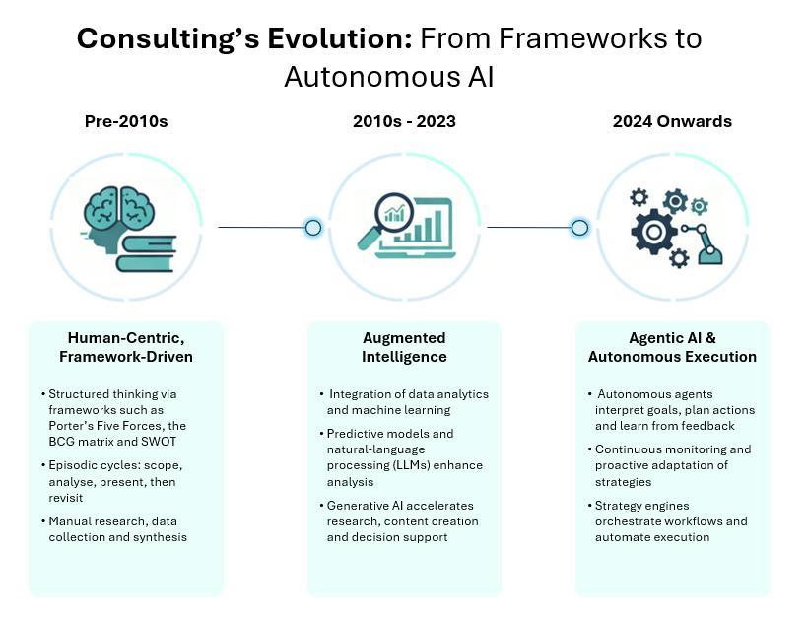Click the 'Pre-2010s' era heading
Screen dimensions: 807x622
126,121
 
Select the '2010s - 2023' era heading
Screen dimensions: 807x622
404,121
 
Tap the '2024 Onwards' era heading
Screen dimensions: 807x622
672,121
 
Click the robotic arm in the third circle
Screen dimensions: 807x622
705,243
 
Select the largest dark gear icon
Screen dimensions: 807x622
654,233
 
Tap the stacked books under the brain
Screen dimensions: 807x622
147,253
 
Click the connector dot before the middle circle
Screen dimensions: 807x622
313,227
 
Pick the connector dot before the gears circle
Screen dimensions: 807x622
580,227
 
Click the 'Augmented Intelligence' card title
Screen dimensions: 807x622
404,347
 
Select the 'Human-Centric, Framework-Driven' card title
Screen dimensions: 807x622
126,347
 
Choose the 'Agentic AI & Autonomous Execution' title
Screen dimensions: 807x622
672,347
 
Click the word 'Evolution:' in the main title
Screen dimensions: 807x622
340,39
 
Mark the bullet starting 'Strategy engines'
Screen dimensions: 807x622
667,521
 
